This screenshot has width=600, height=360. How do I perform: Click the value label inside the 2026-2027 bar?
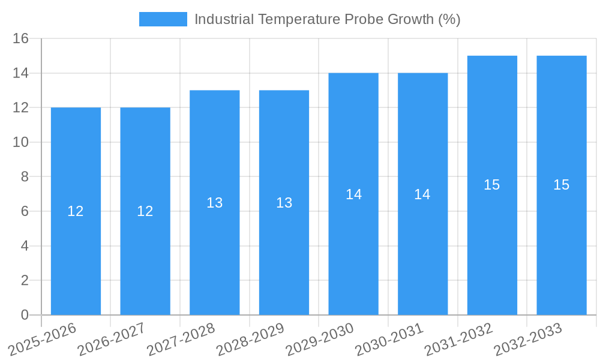click(x=145, y=211)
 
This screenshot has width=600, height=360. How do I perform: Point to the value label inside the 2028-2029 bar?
click(x=284, y=203)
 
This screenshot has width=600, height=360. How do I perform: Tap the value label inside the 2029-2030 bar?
click(x=354, y=194)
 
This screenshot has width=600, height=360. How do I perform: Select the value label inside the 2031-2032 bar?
click(x=492, y=185)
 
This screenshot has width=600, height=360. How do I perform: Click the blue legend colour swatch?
click(x=163, y=19)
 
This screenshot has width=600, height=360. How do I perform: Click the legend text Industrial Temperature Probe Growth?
click(x=327, y=19)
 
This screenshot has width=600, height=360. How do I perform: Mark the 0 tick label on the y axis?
click(x=25, y=315)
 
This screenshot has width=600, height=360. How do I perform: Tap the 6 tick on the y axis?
click(x=25, y=211)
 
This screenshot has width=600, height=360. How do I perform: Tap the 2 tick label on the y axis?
click(x=25, y=280)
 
